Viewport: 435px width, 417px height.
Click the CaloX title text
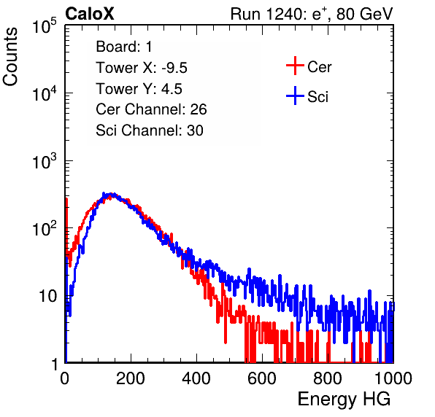pos(90,14)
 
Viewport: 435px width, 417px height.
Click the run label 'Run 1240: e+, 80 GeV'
pos(312,14)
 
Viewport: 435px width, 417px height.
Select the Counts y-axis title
pos(10,57)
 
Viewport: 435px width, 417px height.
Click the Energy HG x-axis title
pos(344,400)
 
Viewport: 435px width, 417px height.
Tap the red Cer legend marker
pos(295,66)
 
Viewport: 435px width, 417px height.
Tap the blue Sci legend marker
pos(295,96)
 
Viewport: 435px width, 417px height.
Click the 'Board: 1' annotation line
pos(124,47)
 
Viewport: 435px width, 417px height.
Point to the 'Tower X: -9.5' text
pos(142,68)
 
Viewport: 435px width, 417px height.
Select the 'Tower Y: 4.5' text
pos(139,89)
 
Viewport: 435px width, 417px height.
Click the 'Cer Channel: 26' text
pos(151,109)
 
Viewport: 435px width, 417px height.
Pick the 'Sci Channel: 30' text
pos(150,130)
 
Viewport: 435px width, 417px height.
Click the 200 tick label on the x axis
pos(131,378)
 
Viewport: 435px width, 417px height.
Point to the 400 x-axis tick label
pos(196,378)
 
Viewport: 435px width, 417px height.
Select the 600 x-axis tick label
pos(262,378)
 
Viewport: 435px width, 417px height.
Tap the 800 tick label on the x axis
pos(328,378)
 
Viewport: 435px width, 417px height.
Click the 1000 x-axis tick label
pos(393,378)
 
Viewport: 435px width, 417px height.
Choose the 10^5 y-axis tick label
pos(45,26)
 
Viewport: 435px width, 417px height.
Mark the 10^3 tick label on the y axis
pos(45,161)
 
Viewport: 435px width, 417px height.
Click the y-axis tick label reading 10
pos(47,296)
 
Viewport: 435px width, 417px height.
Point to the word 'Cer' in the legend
pos(319,67)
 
